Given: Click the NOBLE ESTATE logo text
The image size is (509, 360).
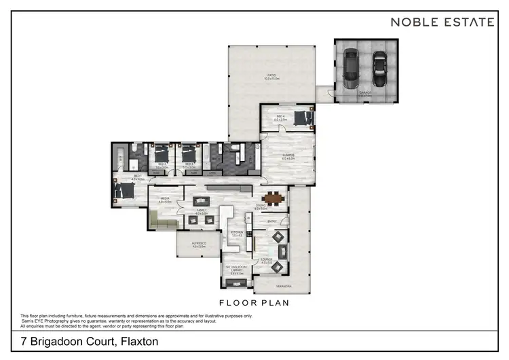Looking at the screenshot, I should coord(442,22).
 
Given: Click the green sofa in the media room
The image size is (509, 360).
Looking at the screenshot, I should coord(165,219).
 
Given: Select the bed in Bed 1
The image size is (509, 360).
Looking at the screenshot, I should coord(124,191).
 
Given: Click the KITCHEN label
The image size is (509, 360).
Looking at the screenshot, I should coord(237,233).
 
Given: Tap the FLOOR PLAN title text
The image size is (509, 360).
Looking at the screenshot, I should coord(254,302).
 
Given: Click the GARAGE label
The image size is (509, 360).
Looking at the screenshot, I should coord(366,96).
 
